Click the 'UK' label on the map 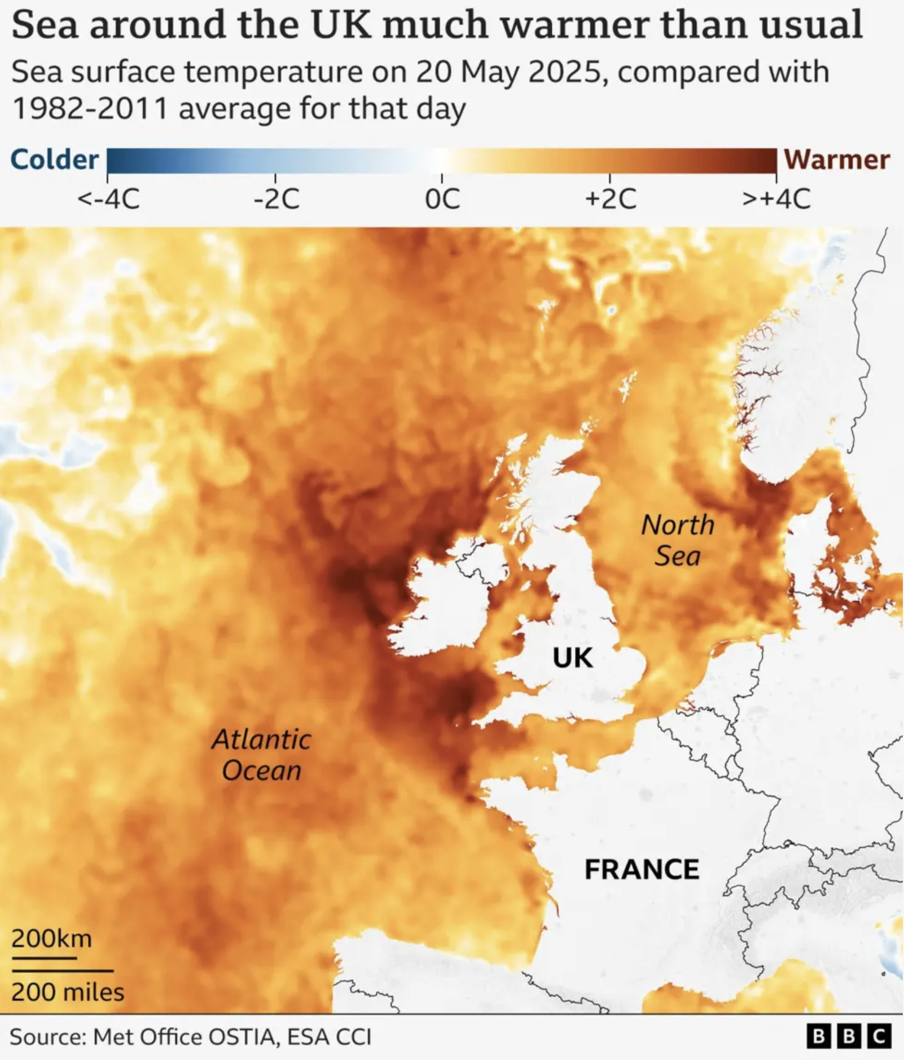click(572, 658)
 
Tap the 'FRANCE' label click(642, 869)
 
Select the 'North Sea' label click(678, 540)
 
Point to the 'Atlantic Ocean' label click(261, 755)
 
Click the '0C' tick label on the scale click(442, 199)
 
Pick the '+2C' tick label click(610, 199)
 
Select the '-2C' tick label click(276, 199)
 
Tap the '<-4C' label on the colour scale click(108, 199)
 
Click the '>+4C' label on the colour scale click(776, 199)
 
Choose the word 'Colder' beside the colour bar click(55, 160)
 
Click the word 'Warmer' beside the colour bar click(837, 160)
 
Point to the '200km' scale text click(51, 939)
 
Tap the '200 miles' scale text click(67, 992)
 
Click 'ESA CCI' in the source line click(329, 1037)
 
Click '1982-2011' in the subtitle click(90, 108)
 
